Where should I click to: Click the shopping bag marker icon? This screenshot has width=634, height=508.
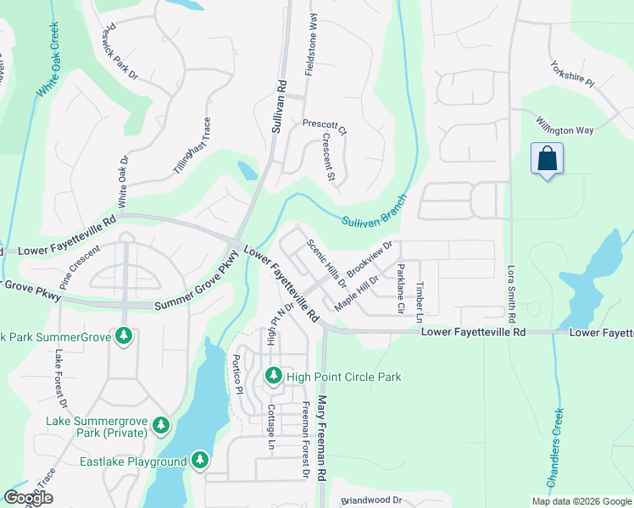coord(547,158)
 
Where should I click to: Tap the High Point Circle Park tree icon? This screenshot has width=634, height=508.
coord(273,375)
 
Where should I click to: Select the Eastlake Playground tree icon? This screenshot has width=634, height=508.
coord(199,461)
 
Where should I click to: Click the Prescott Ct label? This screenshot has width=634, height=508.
coord(325,127)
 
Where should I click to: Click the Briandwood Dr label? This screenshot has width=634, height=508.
coord(370,500)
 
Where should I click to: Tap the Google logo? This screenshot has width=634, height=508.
coord(28,498)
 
